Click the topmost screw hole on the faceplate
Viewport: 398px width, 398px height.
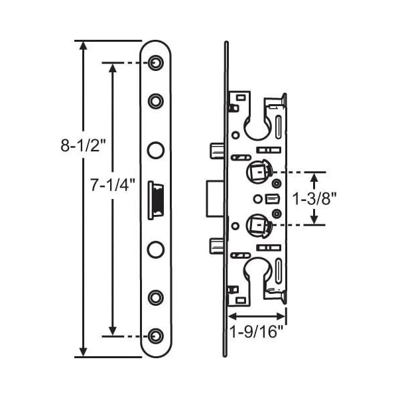click(x=156, y=62)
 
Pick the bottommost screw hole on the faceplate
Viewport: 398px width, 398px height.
click(x=156, y=336)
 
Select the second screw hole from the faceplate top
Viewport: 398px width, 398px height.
click(x=156, y=101)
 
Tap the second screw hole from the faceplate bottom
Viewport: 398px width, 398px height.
click(x=156, y=297)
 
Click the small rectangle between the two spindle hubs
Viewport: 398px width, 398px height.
click(x=270, y=198)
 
